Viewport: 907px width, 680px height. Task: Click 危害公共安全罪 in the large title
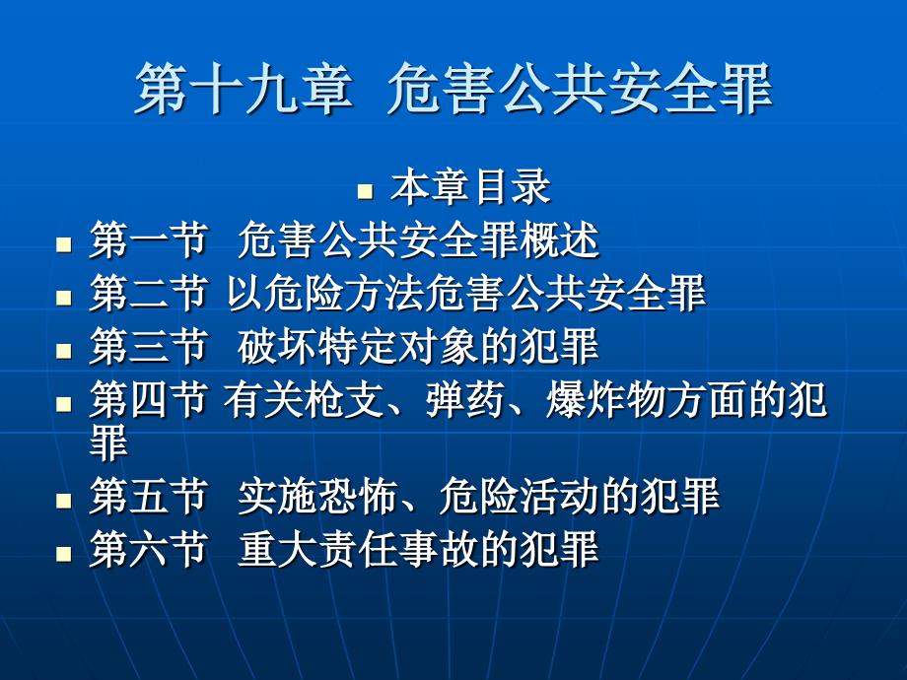[580, 89]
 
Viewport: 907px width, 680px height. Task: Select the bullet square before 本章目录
[366, 191]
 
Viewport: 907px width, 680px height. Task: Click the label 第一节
[148, 239]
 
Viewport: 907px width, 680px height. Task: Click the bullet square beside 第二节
[64, 298]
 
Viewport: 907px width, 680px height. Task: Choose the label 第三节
[148, 346]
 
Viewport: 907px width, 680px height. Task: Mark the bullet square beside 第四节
[64, 403]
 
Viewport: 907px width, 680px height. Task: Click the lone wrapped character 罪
[108, 442]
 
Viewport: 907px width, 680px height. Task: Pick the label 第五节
[148, 496]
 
